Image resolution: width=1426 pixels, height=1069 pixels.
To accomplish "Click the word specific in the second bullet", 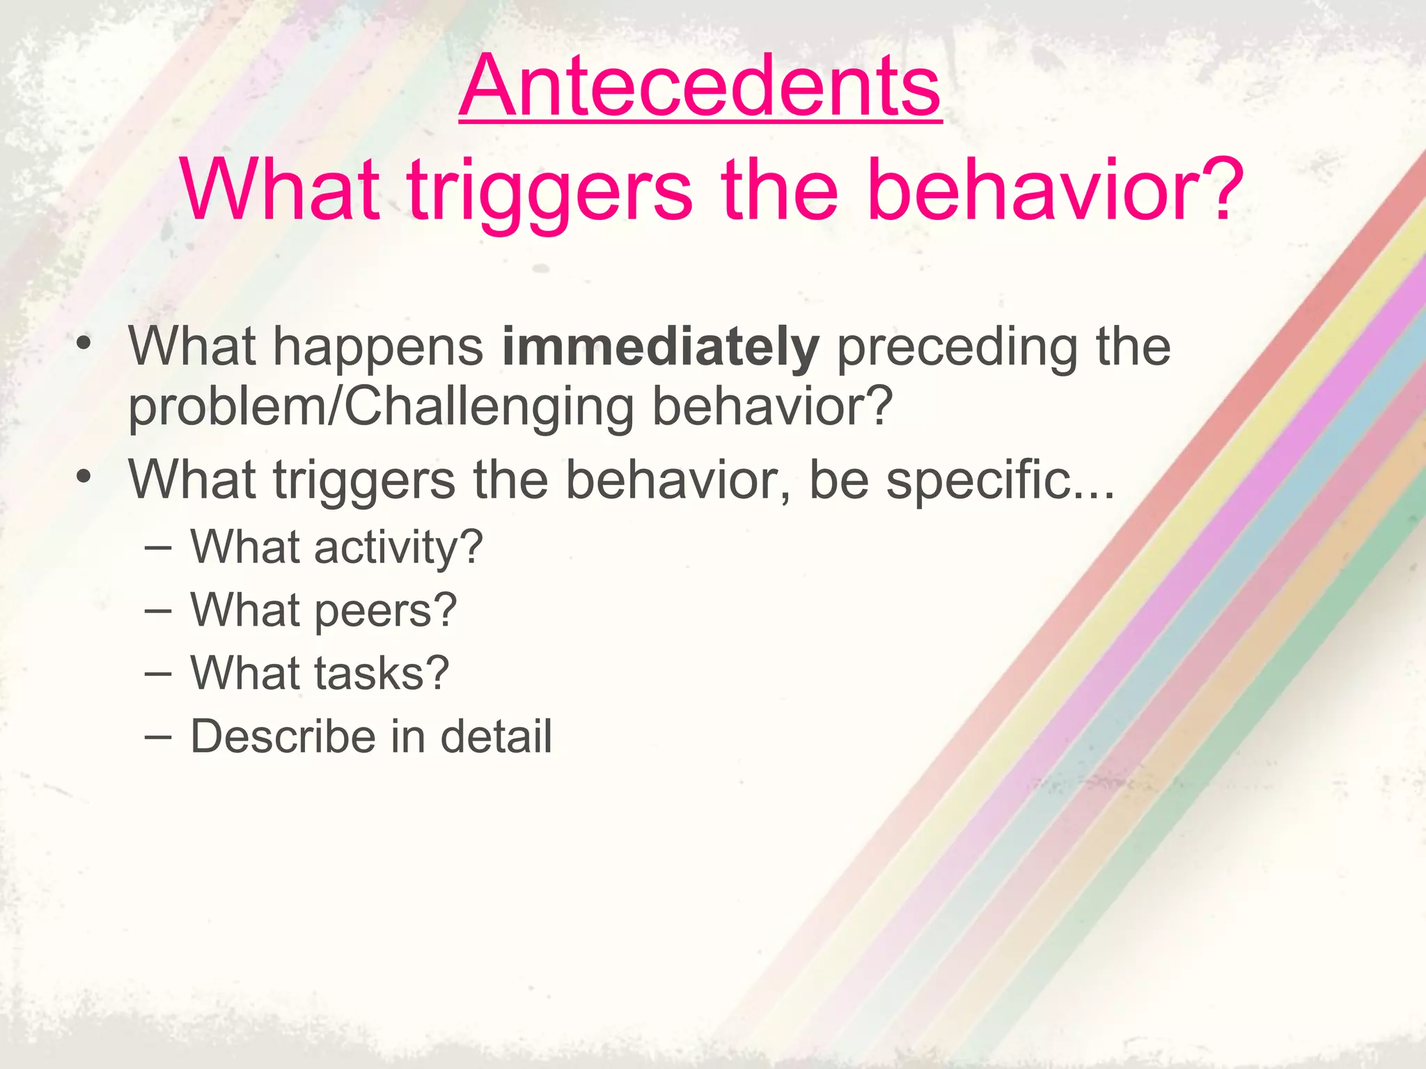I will tap(978, 480).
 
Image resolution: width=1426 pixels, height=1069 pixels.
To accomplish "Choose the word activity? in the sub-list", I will tap(398, 548).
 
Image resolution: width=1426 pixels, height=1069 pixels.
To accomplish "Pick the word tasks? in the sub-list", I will tap(382, 674).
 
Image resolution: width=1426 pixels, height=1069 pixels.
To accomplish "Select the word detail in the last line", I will tap(496, 736).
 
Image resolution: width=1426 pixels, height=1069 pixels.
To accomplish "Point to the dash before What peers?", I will tap(158, 610).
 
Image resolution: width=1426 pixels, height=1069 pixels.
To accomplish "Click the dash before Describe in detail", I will tap(158, 736).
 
